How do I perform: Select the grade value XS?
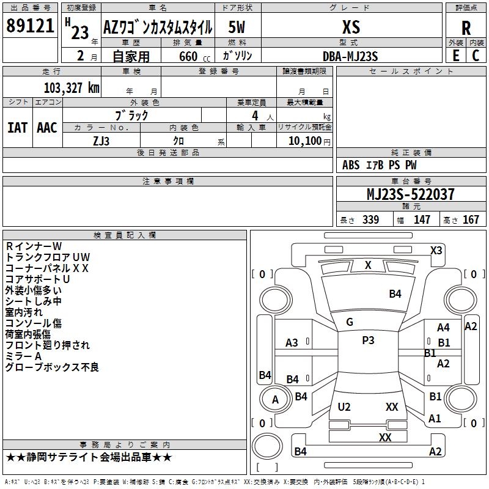[351, 27]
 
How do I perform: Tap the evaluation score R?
[466, 28]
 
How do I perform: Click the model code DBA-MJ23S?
[351, 56]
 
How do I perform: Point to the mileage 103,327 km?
[72, 88]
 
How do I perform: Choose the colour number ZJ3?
[101, 140]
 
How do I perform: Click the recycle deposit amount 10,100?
[304, 141]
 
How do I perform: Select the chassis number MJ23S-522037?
[410, 194]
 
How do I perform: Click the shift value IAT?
[17, 128]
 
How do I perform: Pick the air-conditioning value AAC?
[47, 128]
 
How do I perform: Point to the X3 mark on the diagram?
[436, 250]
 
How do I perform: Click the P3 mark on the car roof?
[368, 340]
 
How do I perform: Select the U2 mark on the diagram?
[344, 407]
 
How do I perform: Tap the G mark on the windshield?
[350, 322]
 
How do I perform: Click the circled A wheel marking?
[275, 400]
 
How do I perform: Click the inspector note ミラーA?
[23, 356]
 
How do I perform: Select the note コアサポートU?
[38, 279]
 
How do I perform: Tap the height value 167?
[471, 220]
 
